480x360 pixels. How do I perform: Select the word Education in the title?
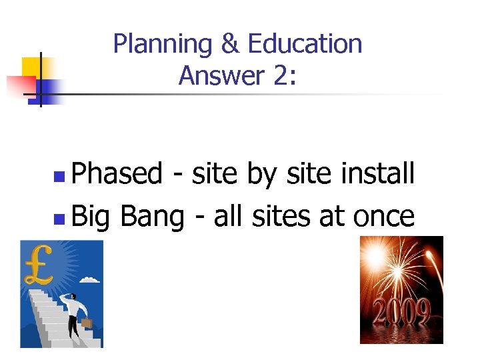305,44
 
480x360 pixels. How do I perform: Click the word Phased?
116,175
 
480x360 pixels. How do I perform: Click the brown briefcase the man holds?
85,325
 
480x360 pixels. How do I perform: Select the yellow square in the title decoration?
31,67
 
